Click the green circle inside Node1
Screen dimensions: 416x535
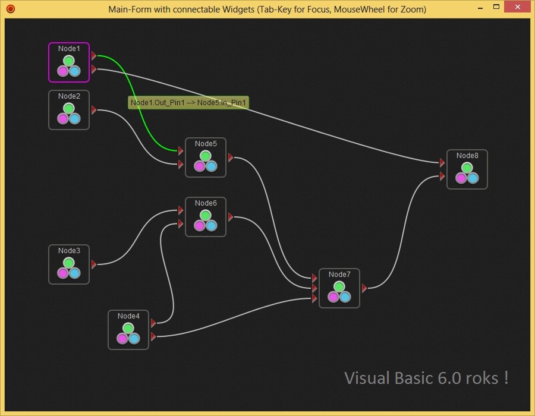pyautogui.click(x=68, y=61)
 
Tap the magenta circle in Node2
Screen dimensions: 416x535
pyautogui.click(x=63, y=119)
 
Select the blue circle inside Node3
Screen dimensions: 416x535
pyautogui.click(x=74, y=273)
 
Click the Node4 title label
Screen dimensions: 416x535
pyautogui.click(x=128, y=316)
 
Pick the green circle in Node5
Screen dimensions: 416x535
pyautogui.click(x=206, y=156)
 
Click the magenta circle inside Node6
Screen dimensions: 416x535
pyautogui.click(x=200, y=226)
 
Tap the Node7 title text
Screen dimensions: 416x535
pyautogui.click(x=339, y=275)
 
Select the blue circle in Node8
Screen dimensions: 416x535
pyautogui.click(x=473, y=178)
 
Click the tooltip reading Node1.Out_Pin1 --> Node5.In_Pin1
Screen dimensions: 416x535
pyautogui.click(x=188, y=103)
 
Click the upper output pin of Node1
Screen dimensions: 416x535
pyautogui.click(x=94, y=56)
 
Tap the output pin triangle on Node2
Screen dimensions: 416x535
pyautogui.click(x=94, y=110)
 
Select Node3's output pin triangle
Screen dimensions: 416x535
pyautogui.click(x=94, y=264)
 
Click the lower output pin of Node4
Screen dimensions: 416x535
pyautogui.click(x=153, y=337)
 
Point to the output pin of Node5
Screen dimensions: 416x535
pyautogui.click(x=231, y=157)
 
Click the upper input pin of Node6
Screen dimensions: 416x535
pyautogui.click(x=181, y=210)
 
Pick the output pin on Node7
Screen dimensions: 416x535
pyautogui.click(x=364, y=288)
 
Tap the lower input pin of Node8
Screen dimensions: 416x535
pyautogui.click(x=442, y=176)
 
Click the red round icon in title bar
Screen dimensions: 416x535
pyautogui.click(x=10, y=10)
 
